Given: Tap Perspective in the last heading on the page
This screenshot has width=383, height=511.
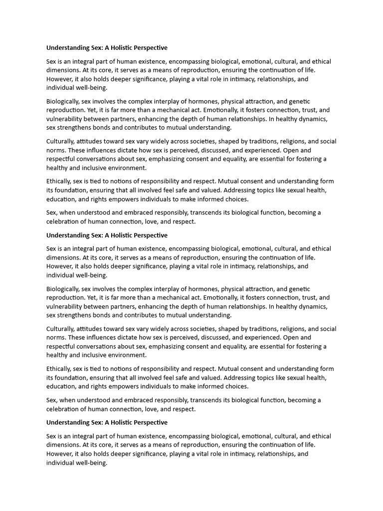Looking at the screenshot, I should pos(150,422).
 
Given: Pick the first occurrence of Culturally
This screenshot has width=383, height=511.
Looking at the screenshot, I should pos(60,141).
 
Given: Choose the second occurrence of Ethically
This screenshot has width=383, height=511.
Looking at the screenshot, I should pos(58,369).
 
